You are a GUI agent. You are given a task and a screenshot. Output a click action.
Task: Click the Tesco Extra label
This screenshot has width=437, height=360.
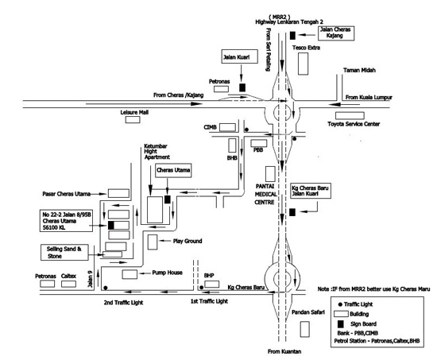(x=306, y=48)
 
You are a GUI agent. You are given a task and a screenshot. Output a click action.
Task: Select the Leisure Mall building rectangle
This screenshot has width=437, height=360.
(x=133, y=119)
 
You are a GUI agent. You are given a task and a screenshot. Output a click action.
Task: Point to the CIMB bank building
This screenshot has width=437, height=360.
(x=227, y=127)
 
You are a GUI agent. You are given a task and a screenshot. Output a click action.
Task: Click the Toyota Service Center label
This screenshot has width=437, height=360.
(x=354, y=124)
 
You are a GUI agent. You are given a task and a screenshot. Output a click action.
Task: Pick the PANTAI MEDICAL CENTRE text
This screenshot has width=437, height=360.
(x=266, y=194)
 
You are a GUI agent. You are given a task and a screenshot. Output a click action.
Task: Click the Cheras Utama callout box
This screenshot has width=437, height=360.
(x=173, y=170)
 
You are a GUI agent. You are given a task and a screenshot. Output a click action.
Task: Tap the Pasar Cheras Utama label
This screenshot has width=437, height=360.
(x=66, y=194)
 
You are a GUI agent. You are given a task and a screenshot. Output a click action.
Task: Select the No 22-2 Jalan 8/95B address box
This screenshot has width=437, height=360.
(x=66, y=221)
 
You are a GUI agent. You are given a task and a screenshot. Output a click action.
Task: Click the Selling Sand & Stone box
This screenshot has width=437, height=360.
(x=64, y=253)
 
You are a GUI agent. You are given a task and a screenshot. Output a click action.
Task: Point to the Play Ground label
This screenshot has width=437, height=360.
(x=188, y=241)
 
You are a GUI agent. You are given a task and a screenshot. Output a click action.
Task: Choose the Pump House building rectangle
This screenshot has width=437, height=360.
(x=130, y=274)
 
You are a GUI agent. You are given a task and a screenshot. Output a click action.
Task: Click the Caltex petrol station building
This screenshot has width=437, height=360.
(x=68, y=284)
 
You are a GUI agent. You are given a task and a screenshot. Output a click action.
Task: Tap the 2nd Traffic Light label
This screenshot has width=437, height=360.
(x=123, y=303)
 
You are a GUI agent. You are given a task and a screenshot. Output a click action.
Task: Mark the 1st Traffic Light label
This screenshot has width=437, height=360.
(x=209, y=301)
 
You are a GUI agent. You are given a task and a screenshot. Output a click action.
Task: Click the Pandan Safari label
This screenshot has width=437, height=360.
(x=308, y=312)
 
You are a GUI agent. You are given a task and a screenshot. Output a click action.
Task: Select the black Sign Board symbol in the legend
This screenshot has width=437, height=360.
(x=340, y=324)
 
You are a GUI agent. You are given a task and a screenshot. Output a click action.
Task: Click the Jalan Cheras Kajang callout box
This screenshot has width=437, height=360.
(x=336, y=33)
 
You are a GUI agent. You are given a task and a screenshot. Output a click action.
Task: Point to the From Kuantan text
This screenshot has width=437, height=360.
(x=284, y=351)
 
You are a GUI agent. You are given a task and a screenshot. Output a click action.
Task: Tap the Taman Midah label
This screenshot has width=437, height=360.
(x=359, y=70)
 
